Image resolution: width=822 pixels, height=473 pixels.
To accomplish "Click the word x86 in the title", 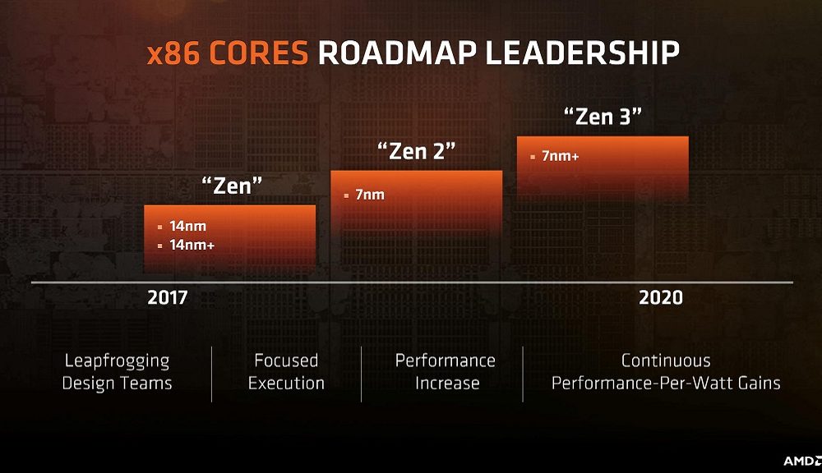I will click(x=174, y=53).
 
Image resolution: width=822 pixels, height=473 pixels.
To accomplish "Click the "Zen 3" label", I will click(x=603, y=116).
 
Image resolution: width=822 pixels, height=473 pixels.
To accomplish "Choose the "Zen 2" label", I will click(x=416, y=151).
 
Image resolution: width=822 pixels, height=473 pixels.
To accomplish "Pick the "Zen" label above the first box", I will click(x=232, y=186).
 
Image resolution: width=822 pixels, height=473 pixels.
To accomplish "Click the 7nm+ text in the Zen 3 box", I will click(x=560, y=155).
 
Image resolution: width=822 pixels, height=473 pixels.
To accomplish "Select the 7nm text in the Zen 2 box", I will click(x=370, y=195).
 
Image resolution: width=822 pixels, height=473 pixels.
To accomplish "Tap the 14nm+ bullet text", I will click(x=192, y=245).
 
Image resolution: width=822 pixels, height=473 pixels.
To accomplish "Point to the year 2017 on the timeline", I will click(x=168, y=297).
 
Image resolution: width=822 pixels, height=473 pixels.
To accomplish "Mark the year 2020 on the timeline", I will click(x=660, y=297).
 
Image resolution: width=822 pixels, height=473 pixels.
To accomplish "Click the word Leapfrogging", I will click(x=117, y=360).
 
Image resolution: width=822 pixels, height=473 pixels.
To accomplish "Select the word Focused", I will click(x=286, y=360).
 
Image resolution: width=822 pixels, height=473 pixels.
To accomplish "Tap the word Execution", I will click(x=286, y=383).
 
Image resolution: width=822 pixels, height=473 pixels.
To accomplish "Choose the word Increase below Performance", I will click(x=446, y=383).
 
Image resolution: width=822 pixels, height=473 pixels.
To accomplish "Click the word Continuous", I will click(x=666, y=360).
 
